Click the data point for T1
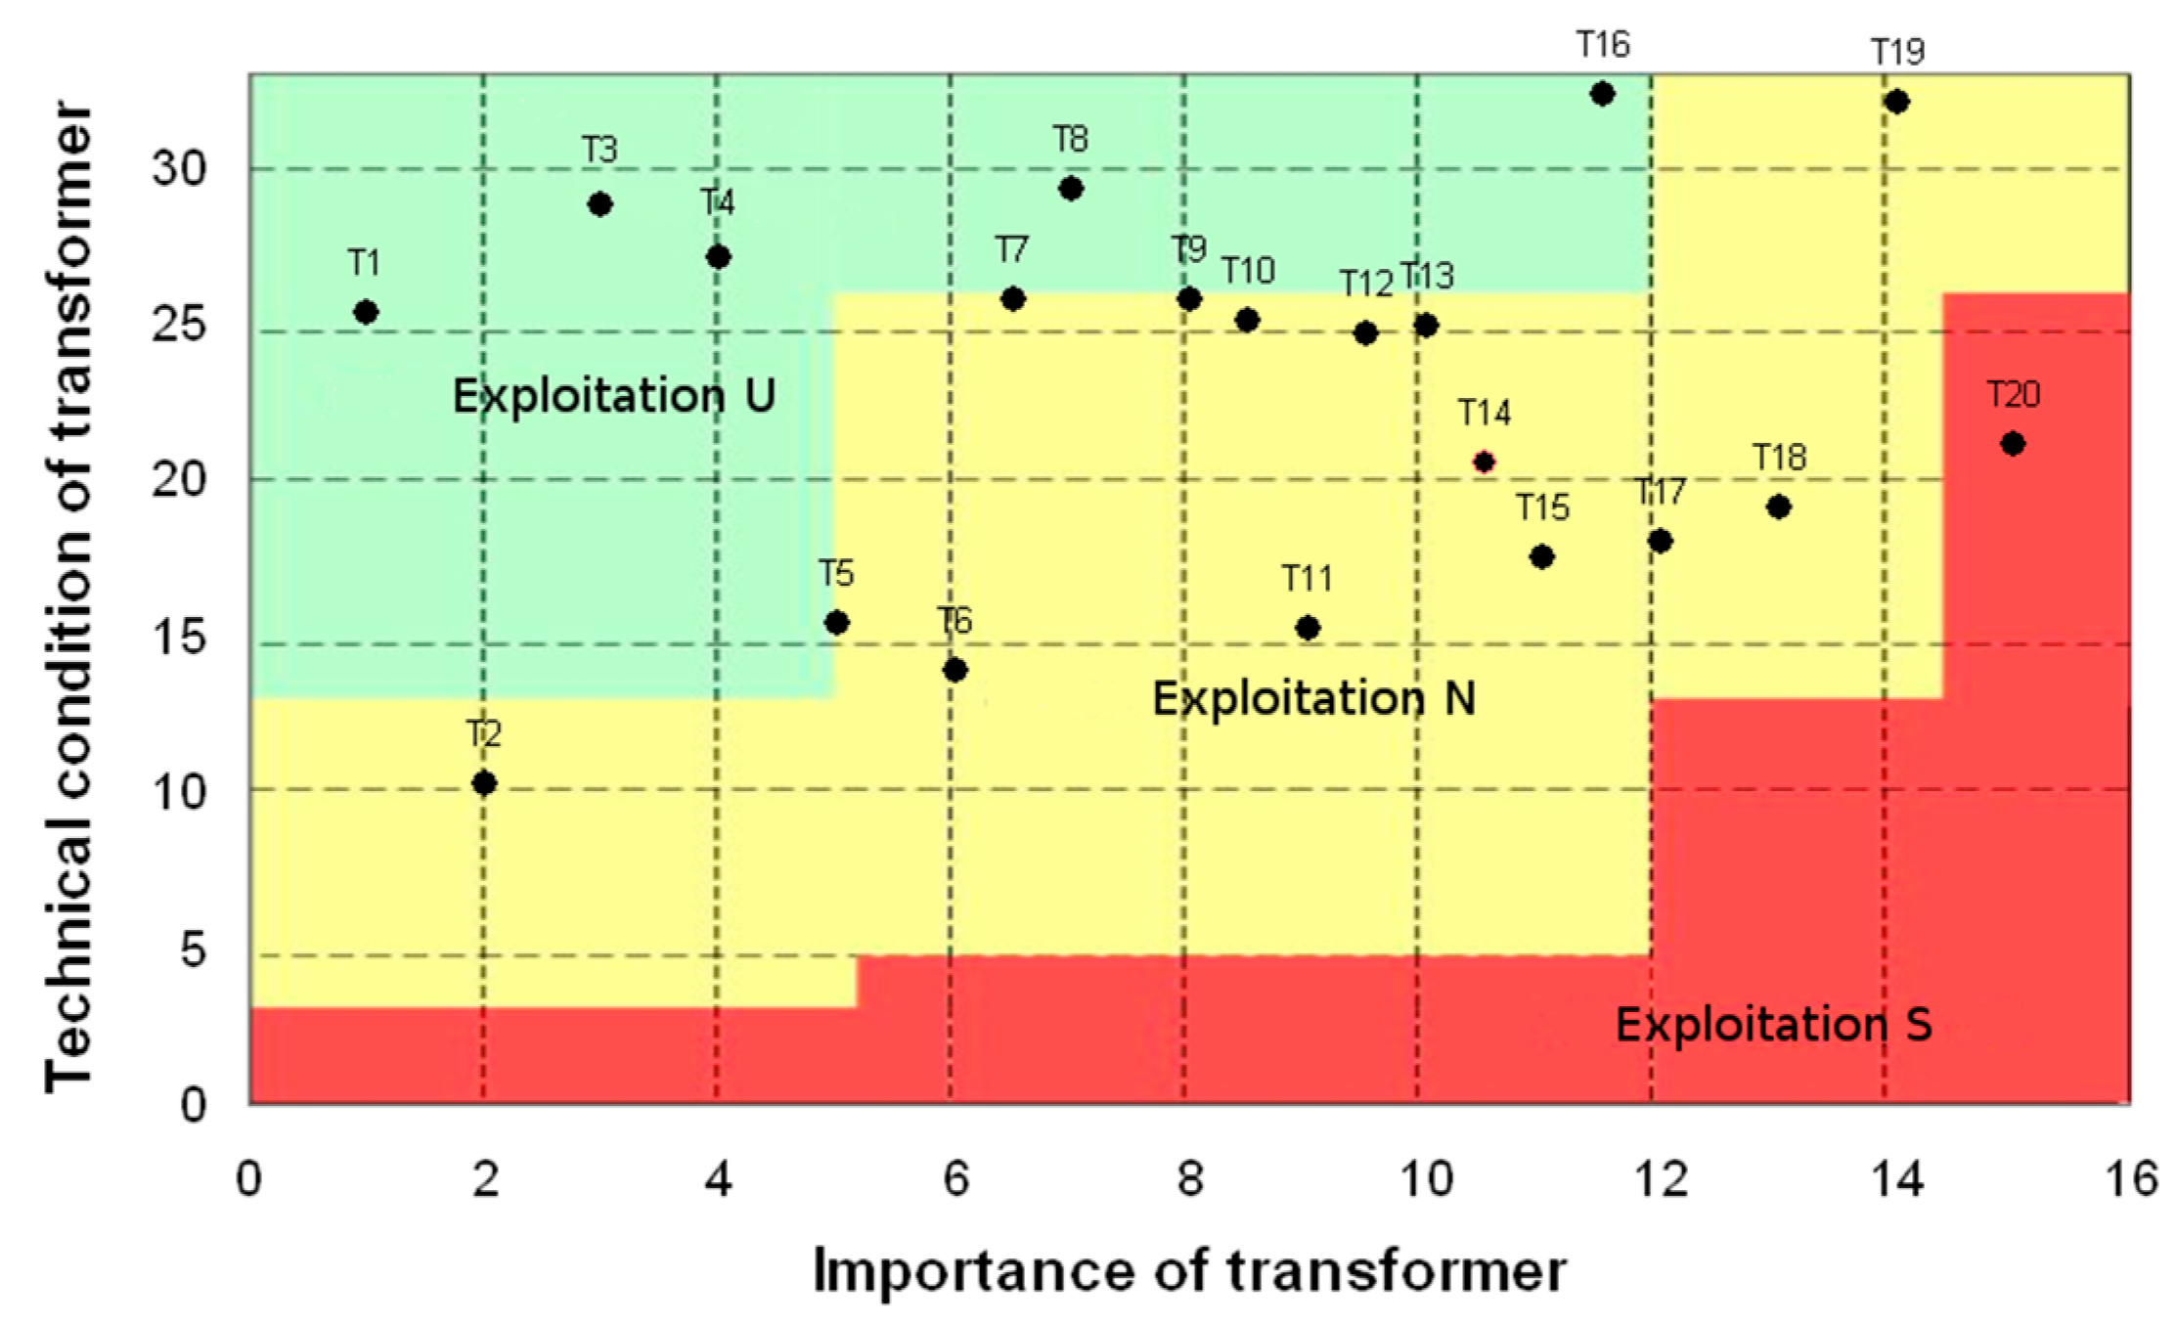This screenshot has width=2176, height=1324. (x=366, y=313)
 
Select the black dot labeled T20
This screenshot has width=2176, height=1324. (x=2012, y=444)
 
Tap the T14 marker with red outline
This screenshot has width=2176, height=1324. (x=1484, y=462)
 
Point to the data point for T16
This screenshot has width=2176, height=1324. (x=1602, y=94)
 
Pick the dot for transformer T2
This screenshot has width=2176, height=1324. (x=483, y=782)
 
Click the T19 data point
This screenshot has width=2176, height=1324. (x=1896, y=102)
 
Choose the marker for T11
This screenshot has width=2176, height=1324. (x=1308, y=628)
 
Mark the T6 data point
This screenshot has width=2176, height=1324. (x=955, y=670)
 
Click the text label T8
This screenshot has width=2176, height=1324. (x=1071, y=140)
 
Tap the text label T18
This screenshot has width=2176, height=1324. (x=1779, y=458)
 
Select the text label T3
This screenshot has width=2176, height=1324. (x=600, y=150)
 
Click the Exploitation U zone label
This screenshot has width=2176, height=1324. (x=613, y=396)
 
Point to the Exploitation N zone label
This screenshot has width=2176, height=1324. (x=1313, y=698)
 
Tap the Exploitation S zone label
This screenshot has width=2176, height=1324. (x=1773, y=1025)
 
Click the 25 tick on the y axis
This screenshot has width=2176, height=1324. (x=179, y=325)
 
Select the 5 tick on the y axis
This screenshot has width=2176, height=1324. (x=193, y=949)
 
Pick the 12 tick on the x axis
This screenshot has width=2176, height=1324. (x=1661, y=1179)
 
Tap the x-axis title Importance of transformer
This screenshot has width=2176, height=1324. (x=1189, y=1271)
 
